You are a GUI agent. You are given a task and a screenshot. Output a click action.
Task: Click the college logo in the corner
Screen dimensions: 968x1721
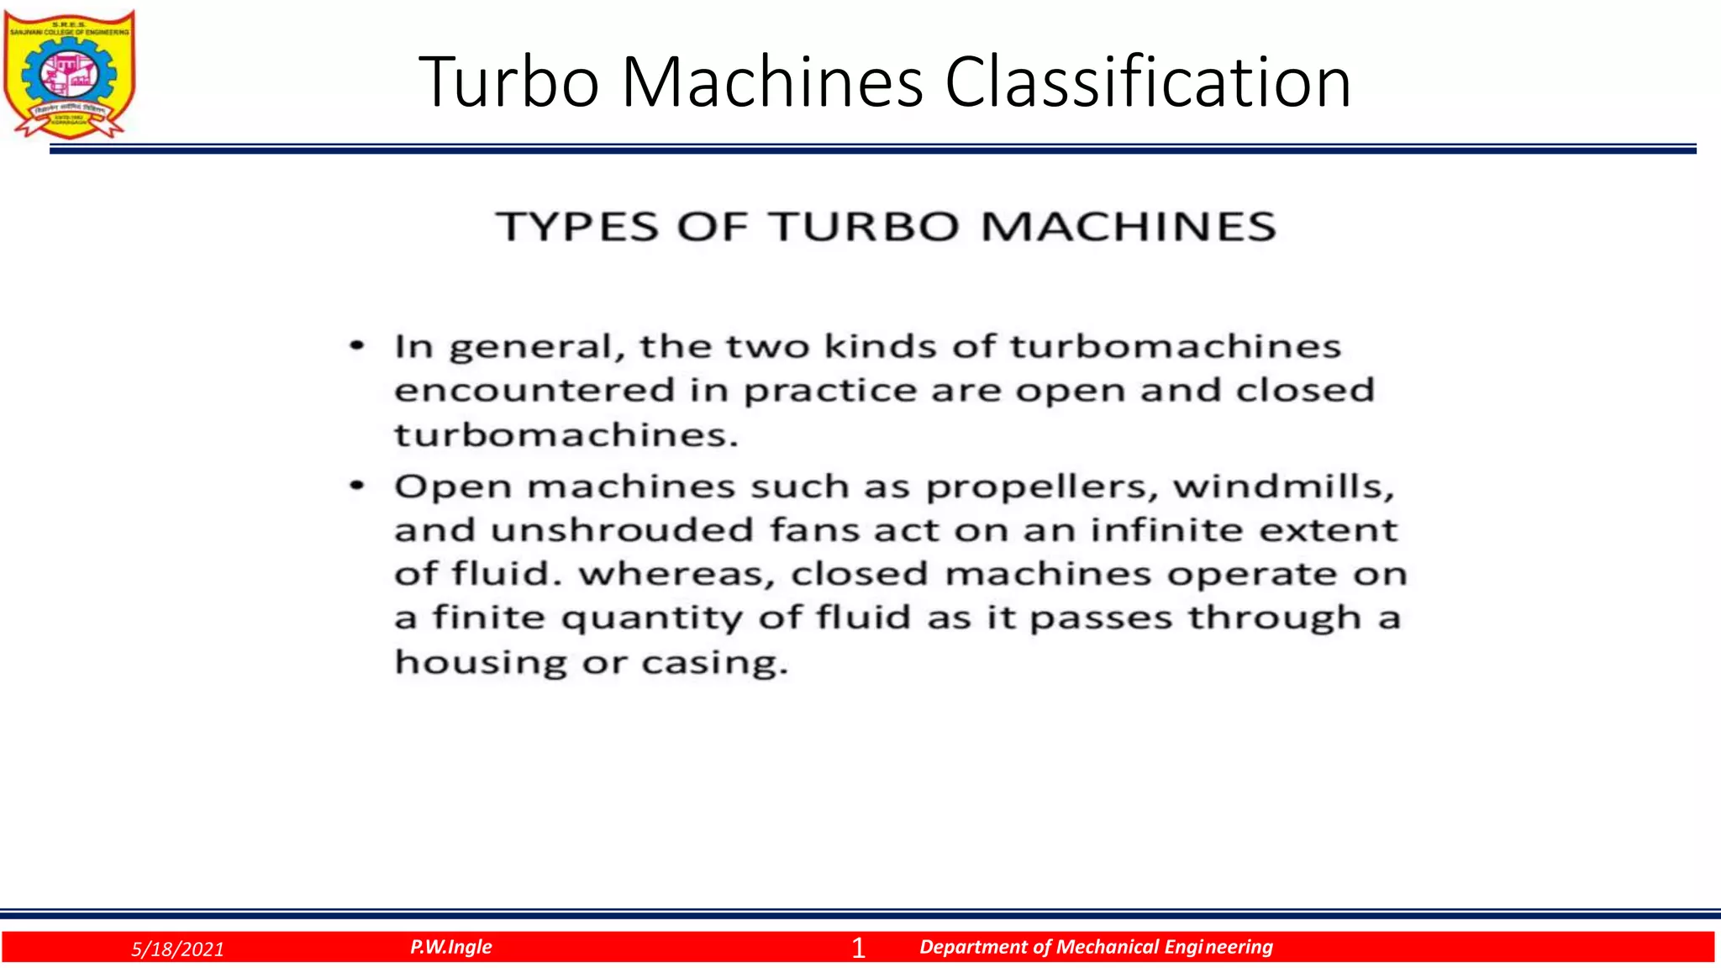click(x=69, y=74)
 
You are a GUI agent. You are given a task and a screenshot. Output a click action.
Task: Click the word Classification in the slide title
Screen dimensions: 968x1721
click(x=1148, y=82)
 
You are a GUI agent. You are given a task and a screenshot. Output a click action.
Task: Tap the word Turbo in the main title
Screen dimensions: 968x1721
click(x=508, y=82)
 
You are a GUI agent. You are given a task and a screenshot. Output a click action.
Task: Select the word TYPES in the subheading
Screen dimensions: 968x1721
click(x=577, y=227)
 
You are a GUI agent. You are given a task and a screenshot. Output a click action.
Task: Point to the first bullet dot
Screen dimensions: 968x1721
click(x=358, y=345)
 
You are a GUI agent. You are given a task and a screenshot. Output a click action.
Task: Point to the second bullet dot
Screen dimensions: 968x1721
click(x=358, y=486)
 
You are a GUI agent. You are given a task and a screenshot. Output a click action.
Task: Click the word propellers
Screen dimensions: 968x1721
click(x=1042, y=487)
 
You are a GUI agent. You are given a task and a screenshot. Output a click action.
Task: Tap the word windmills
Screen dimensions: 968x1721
click(x=1283, y=487)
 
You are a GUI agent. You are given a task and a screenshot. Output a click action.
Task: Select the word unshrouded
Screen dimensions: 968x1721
click(x=622, y=530)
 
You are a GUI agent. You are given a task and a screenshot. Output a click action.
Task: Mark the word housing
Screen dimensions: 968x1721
click(x=482, y=663)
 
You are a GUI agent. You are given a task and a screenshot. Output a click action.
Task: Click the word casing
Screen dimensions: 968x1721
click(x=714, y=663)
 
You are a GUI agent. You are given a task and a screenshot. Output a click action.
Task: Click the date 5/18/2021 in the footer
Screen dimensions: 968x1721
click(x=178, y=950)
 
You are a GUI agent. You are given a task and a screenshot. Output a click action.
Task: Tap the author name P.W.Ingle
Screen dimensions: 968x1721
click(x=451, y=947)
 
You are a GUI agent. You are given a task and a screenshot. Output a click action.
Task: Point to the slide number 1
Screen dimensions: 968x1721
click(x=858, y=948)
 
